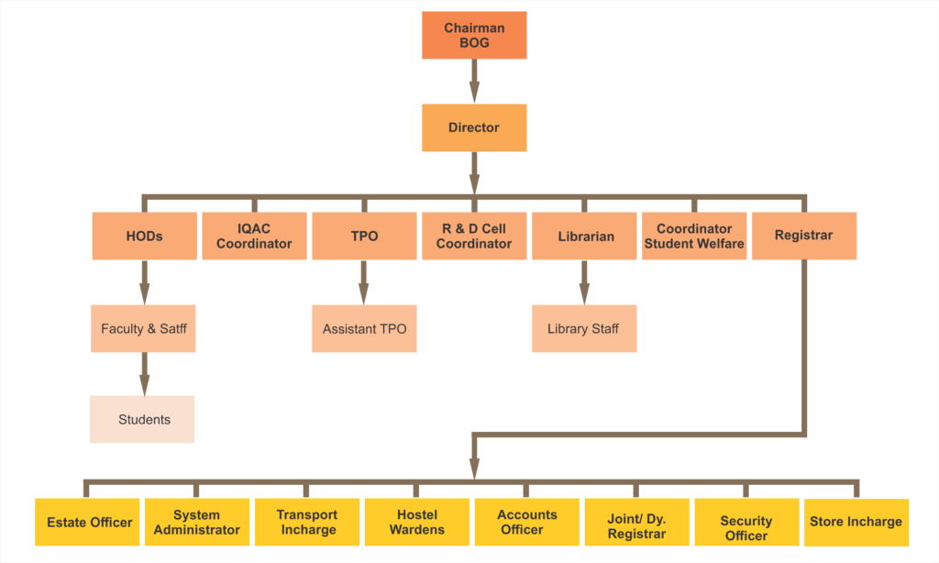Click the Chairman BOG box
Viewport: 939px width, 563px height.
coord(474,35)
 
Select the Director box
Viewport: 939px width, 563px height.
coord(474,127)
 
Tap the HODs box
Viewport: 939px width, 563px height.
coord(144,236)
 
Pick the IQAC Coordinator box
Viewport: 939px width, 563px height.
coord(254,236)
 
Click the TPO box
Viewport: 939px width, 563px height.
coord(364,236)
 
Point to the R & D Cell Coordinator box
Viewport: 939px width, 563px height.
coord(474,236)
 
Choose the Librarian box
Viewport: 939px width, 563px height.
coord(585,236)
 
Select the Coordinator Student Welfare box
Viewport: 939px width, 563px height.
coord(694,236)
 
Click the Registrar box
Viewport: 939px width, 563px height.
coord(804,236)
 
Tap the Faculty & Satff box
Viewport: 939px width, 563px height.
coord(143,328)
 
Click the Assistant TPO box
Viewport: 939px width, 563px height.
coord(364,328)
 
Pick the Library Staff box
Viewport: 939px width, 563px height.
coord(584,328)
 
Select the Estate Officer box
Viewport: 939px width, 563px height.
coord(88,523)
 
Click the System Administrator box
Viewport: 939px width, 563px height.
coord(197,523)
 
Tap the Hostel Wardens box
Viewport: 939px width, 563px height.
coord(417,523)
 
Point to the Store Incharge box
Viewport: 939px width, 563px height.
coord(856,523)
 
